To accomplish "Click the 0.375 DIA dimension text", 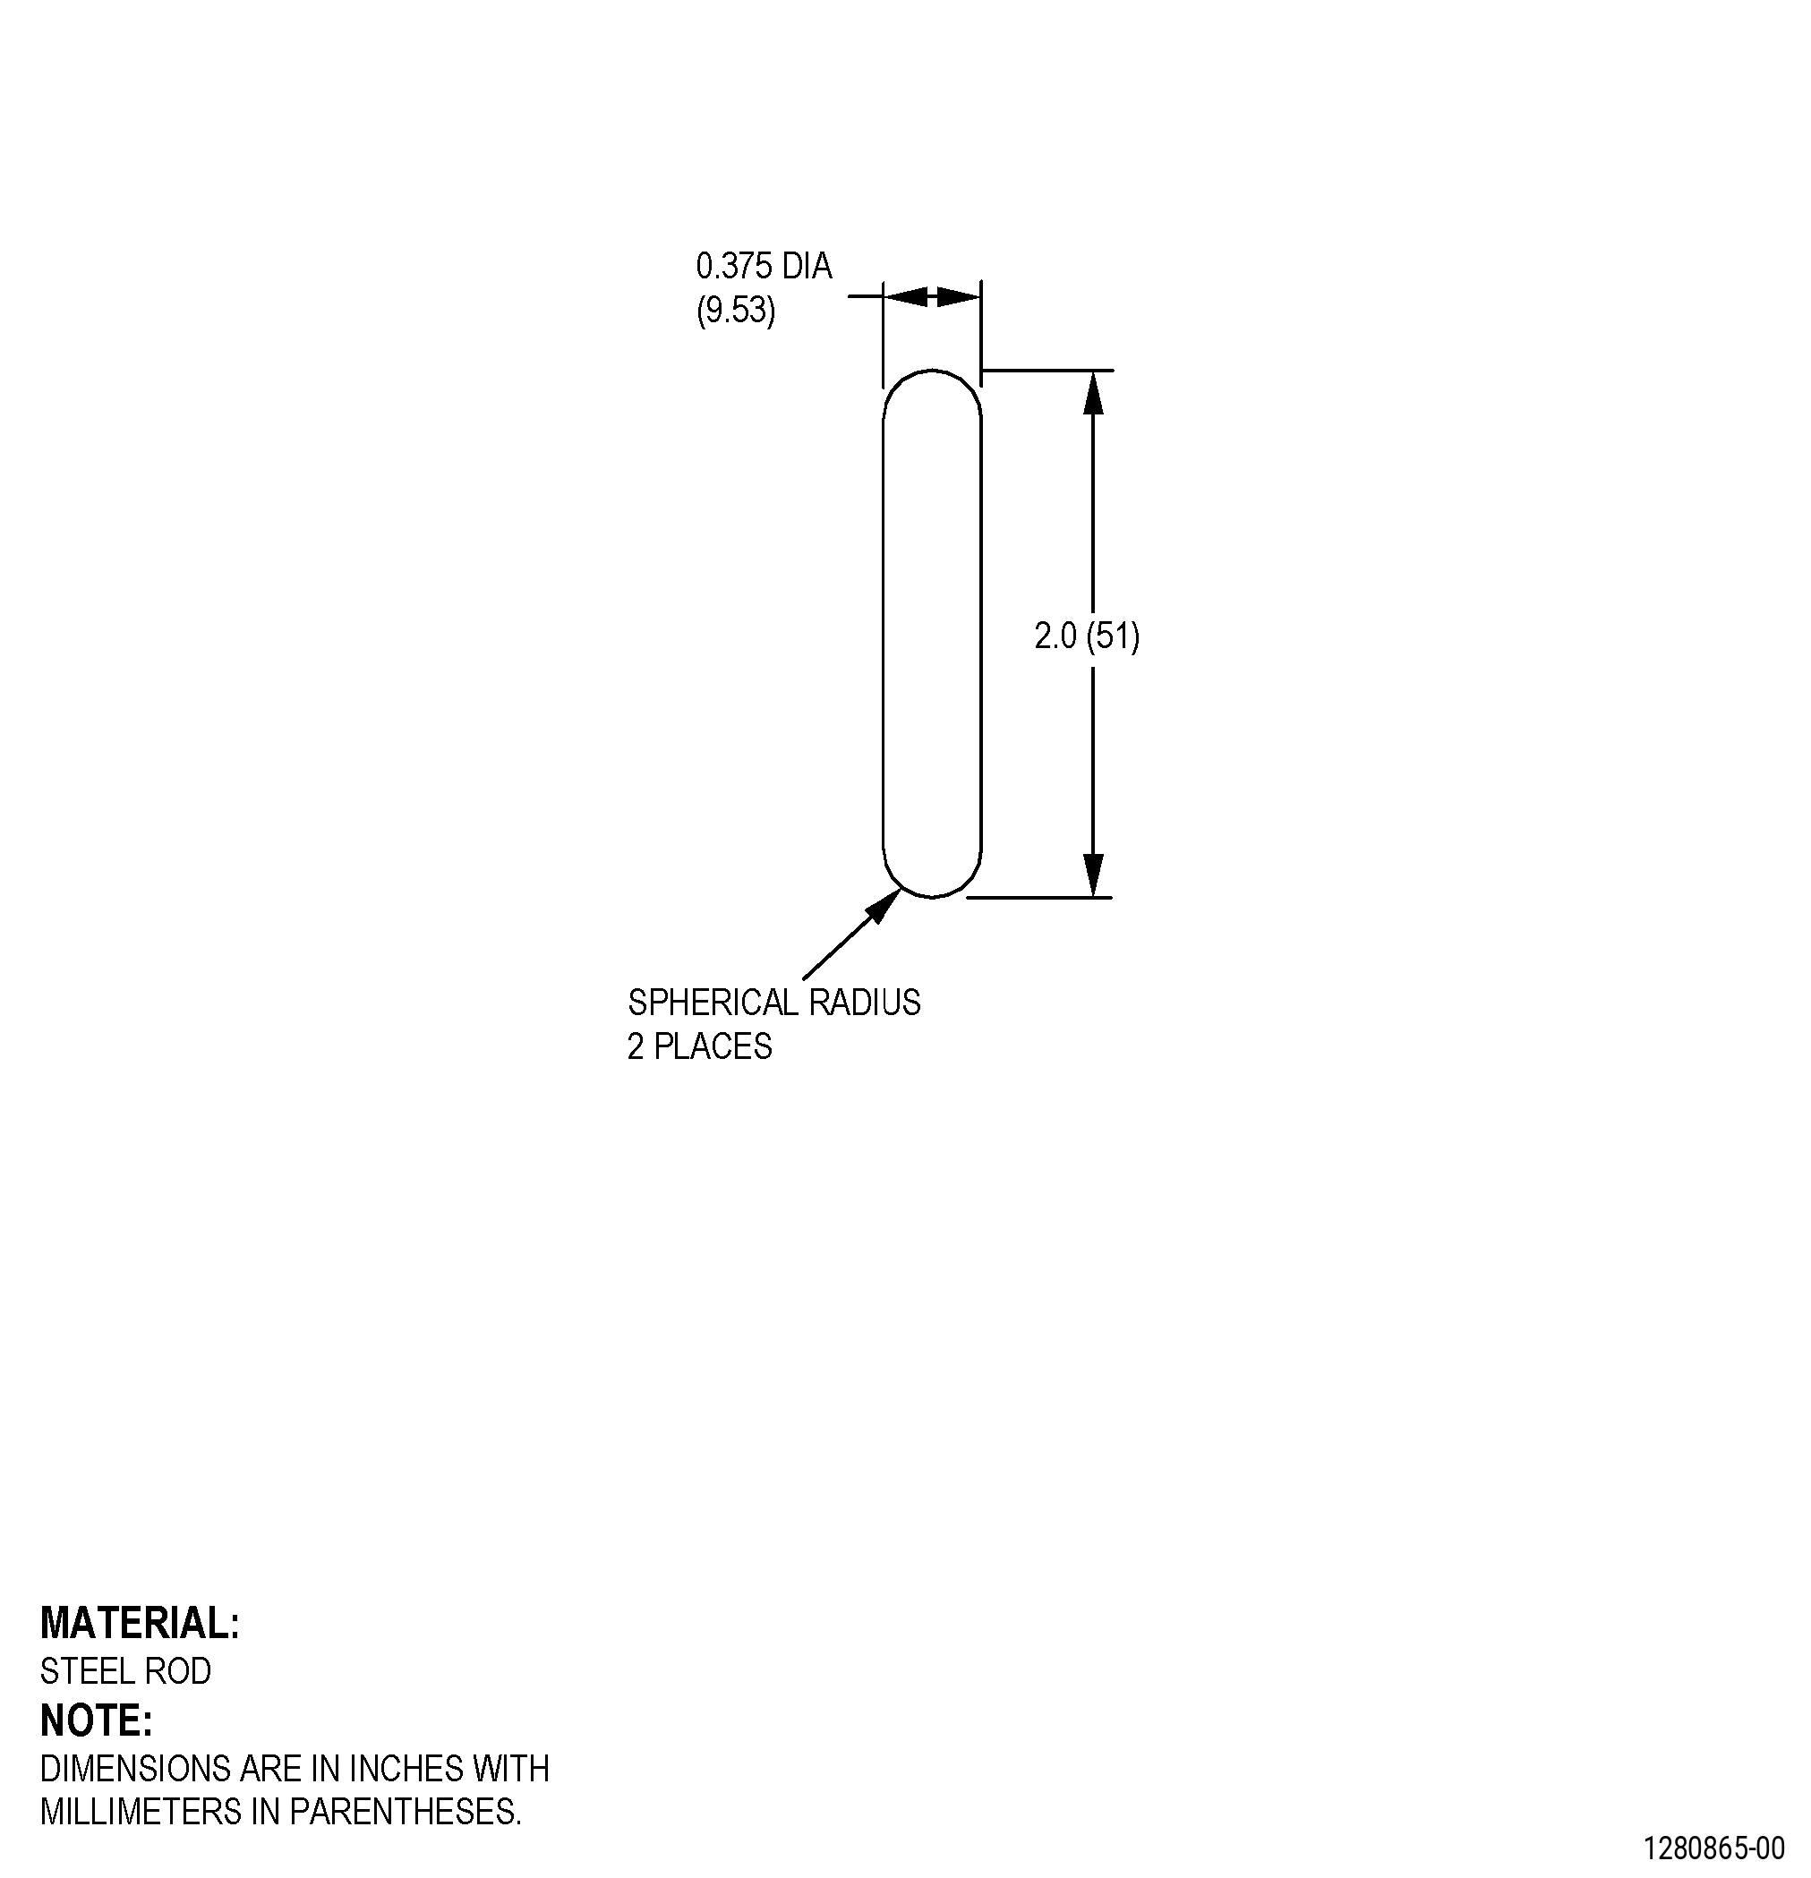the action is pos(764,266).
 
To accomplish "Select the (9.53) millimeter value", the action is pos(736,311).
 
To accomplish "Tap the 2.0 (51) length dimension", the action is pos(1087,636).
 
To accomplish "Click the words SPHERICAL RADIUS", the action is pos(774,1003).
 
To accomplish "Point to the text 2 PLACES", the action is pos(699,1046).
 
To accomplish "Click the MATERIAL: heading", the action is pos(140,1624).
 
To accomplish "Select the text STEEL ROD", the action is pos(125,1671).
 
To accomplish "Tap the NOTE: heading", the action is pos(97,1720).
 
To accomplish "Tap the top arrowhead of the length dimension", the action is pos(1093,392).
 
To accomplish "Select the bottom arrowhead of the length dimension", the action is pos(1093,875).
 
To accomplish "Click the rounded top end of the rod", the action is pos(932,371).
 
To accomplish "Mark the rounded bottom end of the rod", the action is pos(932,897).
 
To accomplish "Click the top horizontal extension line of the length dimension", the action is pos(1047,370).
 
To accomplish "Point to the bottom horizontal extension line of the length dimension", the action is pos(1039,898).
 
